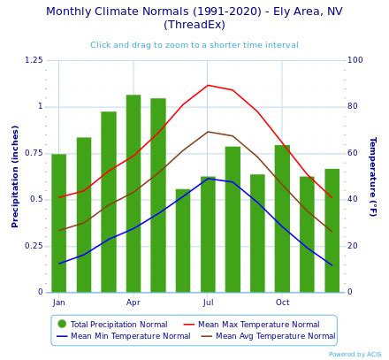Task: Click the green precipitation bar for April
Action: [133, 194]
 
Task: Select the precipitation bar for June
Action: [183, 241]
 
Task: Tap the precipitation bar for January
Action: [59, 223]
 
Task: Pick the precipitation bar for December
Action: [332, 231]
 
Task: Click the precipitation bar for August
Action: [233, 219]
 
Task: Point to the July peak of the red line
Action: [208, 85]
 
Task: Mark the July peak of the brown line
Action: [208, 132]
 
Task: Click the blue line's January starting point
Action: [59, 264]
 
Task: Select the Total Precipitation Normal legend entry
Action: [113, 325]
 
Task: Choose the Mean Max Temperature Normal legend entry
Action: [251, 325]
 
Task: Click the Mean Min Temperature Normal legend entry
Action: [123, 336]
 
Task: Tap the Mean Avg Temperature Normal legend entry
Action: [268, 336]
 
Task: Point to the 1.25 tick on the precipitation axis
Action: [34, 60]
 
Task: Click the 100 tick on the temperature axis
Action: [355, 60]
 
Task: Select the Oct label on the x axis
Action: [282, 303]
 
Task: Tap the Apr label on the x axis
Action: [133, 303]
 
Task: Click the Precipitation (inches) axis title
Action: [15, 177]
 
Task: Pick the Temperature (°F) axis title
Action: [373, 177]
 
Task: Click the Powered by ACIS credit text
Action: [355, 354]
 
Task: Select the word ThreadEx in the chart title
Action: [194, 24]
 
